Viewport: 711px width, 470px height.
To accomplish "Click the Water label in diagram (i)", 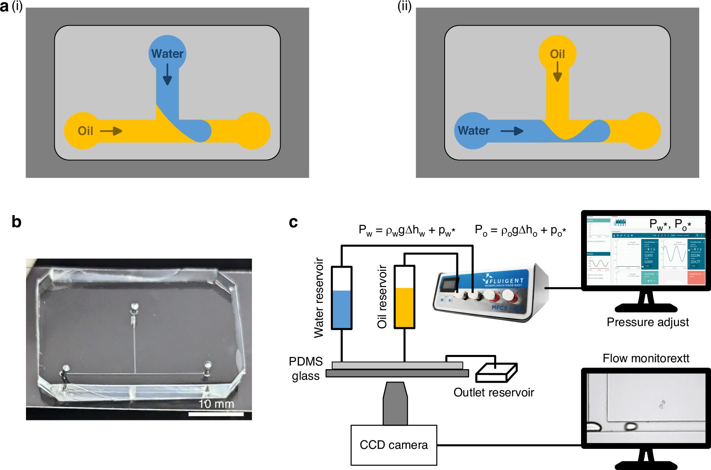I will [x=167, y=54].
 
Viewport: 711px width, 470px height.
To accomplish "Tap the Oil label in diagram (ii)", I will [x=557, y=54].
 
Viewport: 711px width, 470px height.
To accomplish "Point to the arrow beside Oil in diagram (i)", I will [x=111, y=131].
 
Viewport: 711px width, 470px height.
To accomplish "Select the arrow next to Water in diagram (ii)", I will [x=512, y=131].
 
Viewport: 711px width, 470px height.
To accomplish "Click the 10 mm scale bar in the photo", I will [x=216, y=414].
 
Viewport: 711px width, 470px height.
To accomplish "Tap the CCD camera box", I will [x=393, y=445].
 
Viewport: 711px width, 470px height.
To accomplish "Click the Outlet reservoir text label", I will [x=493, y=392].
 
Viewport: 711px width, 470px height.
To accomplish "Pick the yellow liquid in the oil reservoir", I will [x=404, y=307].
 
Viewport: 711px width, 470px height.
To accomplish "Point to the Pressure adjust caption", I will [x=648, y=322].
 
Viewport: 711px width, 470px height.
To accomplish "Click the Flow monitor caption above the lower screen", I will [x=646, y=358].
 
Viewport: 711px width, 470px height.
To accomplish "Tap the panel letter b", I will [x=16, y=222].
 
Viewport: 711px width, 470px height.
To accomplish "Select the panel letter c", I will [x=293, y=222].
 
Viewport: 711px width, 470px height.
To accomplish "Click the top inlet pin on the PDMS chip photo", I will [x=134, y=307].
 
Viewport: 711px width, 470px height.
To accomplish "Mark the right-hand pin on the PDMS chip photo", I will [x=207, y=366].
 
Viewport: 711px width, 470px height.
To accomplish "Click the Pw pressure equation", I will [x=407, y=231].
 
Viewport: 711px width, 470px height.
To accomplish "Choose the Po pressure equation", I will [x=521, y=231].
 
